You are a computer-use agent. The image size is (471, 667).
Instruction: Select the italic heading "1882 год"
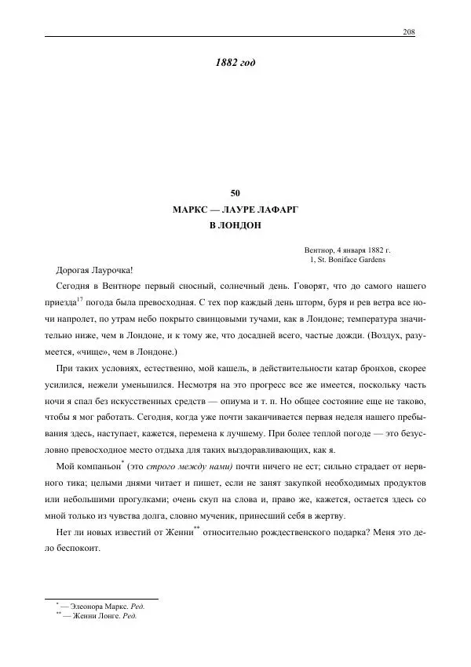click(x=235, y=62)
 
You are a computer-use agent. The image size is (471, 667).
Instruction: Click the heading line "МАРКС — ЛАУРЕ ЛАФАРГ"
click(x=235, y=210)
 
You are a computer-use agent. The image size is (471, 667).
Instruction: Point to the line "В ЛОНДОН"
click(x=235, y=225)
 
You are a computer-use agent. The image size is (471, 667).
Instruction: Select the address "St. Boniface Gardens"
click(x=350, y=259)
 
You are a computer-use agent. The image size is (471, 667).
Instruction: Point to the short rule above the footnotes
click(x=102, y=598)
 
